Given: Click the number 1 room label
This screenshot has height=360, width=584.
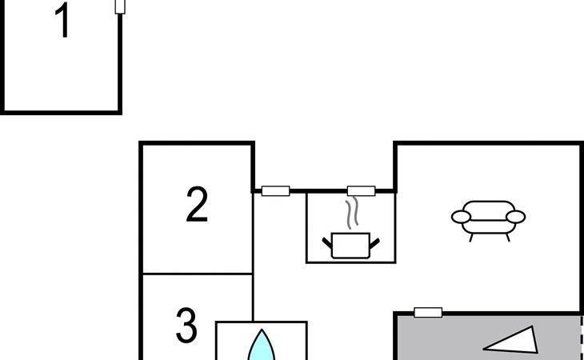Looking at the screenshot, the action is pyautogui.click(x=62, y=20).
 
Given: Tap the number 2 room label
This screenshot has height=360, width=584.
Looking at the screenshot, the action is pyautogui.click(x=197, y=204).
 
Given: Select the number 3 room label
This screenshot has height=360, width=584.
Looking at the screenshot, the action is pyautogui.click(x=186, y=326).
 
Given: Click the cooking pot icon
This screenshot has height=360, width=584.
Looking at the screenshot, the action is pyautogui.click(x=350, y=246).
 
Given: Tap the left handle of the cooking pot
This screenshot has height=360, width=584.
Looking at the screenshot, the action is pyautogui.click(x=327, y=243).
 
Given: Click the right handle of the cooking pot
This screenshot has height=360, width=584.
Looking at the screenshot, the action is pyautogui.click(x=374, y=243).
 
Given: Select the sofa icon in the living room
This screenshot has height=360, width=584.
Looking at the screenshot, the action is pyautogui.click(x=488, y=221).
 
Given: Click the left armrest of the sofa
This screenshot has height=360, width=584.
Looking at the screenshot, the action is pyautogui.click(x=461, y=217).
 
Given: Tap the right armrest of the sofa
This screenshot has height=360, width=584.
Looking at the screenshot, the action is pyautogui.click(x=515, y=217).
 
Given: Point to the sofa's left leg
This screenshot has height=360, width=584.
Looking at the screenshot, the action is pyautogui.click(x=471, y=238).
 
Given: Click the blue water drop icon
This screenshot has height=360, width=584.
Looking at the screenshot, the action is pyautogui.click(x=262, y=346).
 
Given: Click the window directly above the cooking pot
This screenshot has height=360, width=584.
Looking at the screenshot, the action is pyautogui.click(x=362, y=191).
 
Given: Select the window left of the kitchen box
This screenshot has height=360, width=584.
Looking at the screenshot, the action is pyautogui.click(x=276, y=191).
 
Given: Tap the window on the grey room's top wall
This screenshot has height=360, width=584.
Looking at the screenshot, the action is pyautogui.click(x=428, y=312).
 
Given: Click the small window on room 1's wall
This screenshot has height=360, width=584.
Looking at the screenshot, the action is pyautogui.click(x=120, y=6).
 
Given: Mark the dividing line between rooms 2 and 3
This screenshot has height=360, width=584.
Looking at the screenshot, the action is pyautogui.click(x=198, y=274).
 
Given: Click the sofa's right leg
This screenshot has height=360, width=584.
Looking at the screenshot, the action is pyautogui.click(x=507, y=238).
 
